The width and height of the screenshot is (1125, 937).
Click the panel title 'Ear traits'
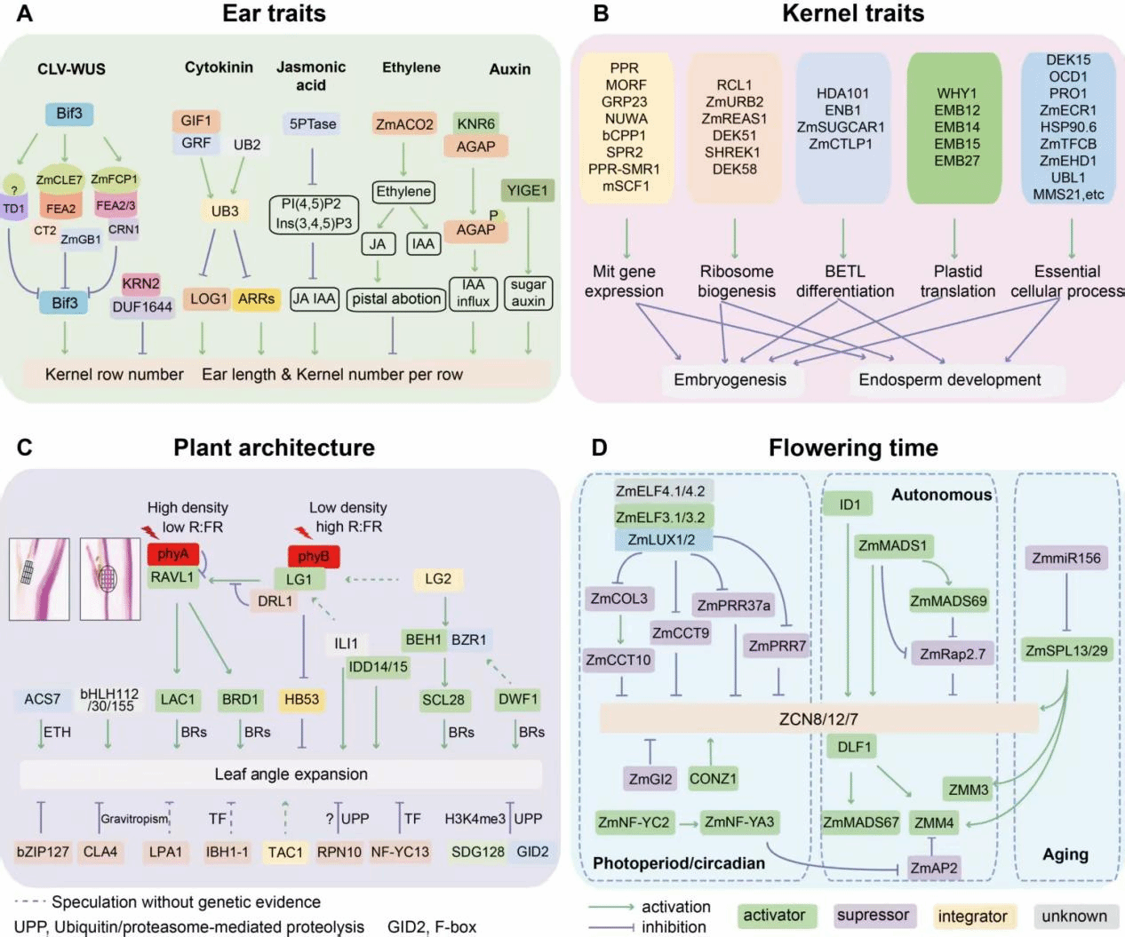click(x=274, y=14)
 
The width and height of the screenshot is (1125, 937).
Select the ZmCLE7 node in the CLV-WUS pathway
click(x=60, y=180)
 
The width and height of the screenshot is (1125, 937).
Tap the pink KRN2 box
click(x=141, y=284)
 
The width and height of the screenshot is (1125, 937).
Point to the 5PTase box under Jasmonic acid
click(x=313, y=124)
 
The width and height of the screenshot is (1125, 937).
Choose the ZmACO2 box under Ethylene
click(x=404, y=124)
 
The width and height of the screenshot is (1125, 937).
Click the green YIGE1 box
click(x=528, y=191)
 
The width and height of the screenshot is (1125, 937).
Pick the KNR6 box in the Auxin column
click(x=475, y=124)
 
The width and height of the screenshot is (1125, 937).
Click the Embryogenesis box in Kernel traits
click(x=730, y=380)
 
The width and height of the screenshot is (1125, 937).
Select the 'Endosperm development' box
click(x=949, y=380)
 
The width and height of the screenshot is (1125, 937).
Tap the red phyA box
click(x=172, y=554)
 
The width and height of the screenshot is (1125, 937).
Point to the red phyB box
click(x=314, y=557)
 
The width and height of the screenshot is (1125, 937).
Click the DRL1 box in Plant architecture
click(x=275, y=601)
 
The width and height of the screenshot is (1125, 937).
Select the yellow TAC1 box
click(x=285, y=853)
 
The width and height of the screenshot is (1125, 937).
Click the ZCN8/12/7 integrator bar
click(x=818, y=719)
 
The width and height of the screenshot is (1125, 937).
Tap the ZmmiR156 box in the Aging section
click(x=1066, y=559)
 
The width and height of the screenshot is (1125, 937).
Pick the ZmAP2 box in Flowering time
click(x=934, y=868)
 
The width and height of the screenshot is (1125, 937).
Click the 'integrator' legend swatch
click(x=972, y=917)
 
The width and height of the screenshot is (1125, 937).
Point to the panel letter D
click(x=600, y=447)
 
